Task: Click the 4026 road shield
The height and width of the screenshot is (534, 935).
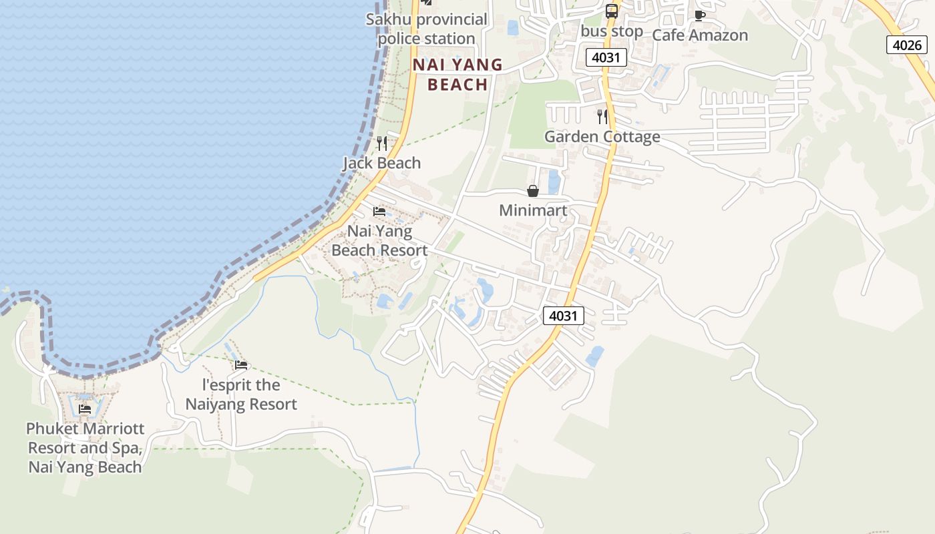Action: [x=907, y=45]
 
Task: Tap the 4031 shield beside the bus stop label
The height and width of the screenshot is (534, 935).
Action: [x=606, y=57]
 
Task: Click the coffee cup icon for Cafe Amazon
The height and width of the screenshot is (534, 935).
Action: [x=699, y=15]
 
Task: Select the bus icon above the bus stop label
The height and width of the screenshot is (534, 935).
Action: [x=611, y=11]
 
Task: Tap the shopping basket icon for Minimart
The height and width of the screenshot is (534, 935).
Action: [x=533, y=192]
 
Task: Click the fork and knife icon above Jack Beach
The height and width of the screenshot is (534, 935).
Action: [x=382, y=143]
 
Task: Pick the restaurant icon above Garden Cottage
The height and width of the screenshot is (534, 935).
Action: [x=602, y=117]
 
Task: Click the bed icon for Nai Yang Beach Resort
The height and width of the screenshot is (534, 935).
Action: [x=379, y=212]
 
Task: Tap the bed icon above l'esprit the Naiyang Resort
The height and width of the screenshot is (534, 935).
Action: [x=241, y=365]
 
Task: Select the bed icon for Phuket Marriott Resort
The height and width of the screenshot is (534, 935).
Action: [x=85, y=409]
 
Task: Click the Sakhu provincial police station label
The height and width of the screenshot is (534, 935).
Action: [x=427, y=29]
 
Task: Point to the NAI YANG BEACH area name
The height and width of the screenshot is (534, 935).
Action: [x=457, y=74]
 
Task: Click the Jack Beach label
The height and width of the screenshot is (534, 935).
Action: [x=382, y=163]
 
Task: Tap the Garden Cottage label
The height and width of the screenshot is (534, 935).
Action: [x=602, y=137]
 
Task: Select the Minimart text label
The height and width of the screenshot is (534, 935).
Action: [x=533, y=211]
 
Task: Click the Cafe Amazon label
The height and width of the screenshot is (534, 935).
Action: [x=700, y=35]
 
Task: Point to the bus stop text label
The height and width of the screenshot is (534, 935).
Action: [x=612, y=31]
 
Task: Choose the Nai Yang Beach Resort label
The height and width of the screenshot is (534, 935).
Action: [x=379, y=240]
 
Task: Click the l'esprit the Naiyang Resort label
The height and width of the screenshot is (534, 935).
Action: [x=241, y=394]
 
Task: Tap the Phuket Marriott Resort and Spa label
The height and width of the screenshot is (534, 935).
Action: [x=85, y=447]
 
